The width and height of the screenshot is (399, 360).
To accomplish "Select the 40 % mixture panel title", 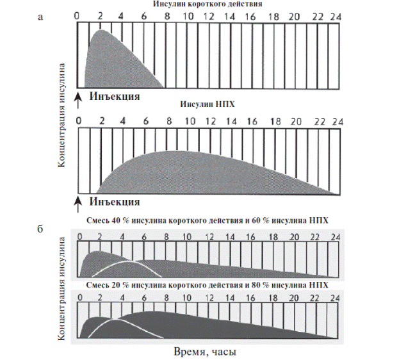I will [208, 221].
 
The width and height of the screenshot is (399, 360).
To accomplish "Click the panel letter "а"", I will [42, 17].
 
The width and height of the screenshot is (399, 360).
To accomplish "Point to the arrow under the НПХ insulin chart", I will [78, 203].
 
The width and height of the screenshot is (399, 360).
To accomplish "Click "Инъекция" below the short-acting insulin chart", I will [115, 97].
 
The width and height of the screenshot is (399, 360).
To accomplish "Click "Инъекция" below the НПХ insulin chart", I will [115, 202].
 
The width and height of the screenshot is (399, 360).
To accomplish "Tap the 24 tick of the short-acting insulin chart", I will [336, 15].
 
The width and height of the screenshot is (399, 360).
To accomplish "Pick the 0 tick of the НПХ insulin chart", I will [79, 120].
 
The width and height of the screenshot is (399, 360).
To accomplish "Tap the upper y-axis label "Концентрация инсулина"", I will [63, 115].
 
